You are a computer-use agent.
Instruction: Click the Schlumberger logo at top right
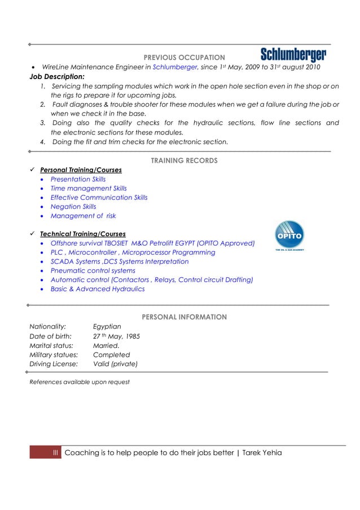click(x=293, y=55)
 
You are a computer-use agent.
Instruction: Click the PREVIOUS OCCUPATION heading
click(x=184, y=58)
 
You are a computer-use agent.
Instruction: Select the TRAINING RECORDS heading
click(x=184, y=161)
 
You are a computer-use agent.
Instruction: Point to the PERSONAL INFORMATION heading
click(x=184, y=317)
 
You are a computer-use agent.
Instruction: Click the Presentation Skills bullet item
click(x=78, y=179)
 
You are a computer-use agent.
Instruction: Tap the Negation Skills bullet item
click(x=73, y=207)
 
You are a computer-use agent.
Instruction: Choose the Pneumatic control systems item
click(x=93, y=271)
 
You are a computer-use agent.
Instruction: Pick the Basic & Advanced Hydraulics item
click(x=97, y=289)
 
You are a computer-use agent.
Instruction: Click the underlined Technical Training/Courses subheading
click(x=82, y=234)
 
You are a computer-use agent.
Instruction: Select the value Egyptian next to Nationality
click(x=107, y=326)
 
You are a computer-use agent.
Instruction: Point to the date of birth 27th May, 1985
click(x=116, y=336)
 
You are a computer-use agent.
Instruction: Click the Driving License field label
click(x=54, y=364)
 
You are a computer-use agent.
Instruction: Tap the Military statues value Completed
click(x=111, y=355)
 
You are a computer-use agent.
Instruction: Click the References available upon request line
click(x=79, y=382)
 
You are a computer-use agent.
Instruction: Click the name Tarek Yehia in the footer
click(x=262, y=453)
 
